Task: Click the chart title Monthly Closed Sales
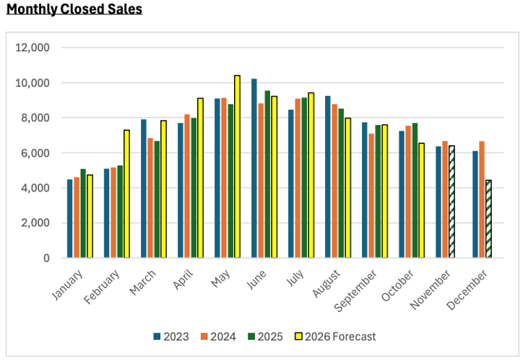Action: tap(74, 9)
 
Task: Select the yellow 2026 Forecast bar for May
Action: tap(237, 166)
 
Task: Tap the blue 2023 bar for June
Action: tap(254, 168)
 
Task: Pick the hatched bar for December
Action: tap(488, 219)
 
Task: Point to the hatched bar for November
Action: tap(451, 202)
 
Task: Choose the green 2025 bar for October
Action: tap(415, 190)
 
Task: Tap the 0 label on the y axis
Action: tap(46, 258)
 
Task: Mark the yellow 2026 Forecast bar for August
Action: tap(347, 188)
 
